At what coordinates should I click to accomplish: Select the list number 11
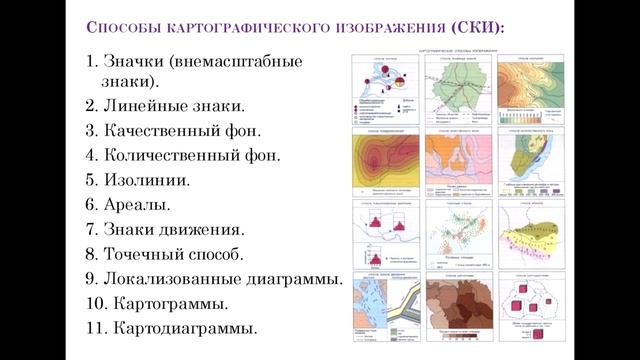point(96,328)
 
